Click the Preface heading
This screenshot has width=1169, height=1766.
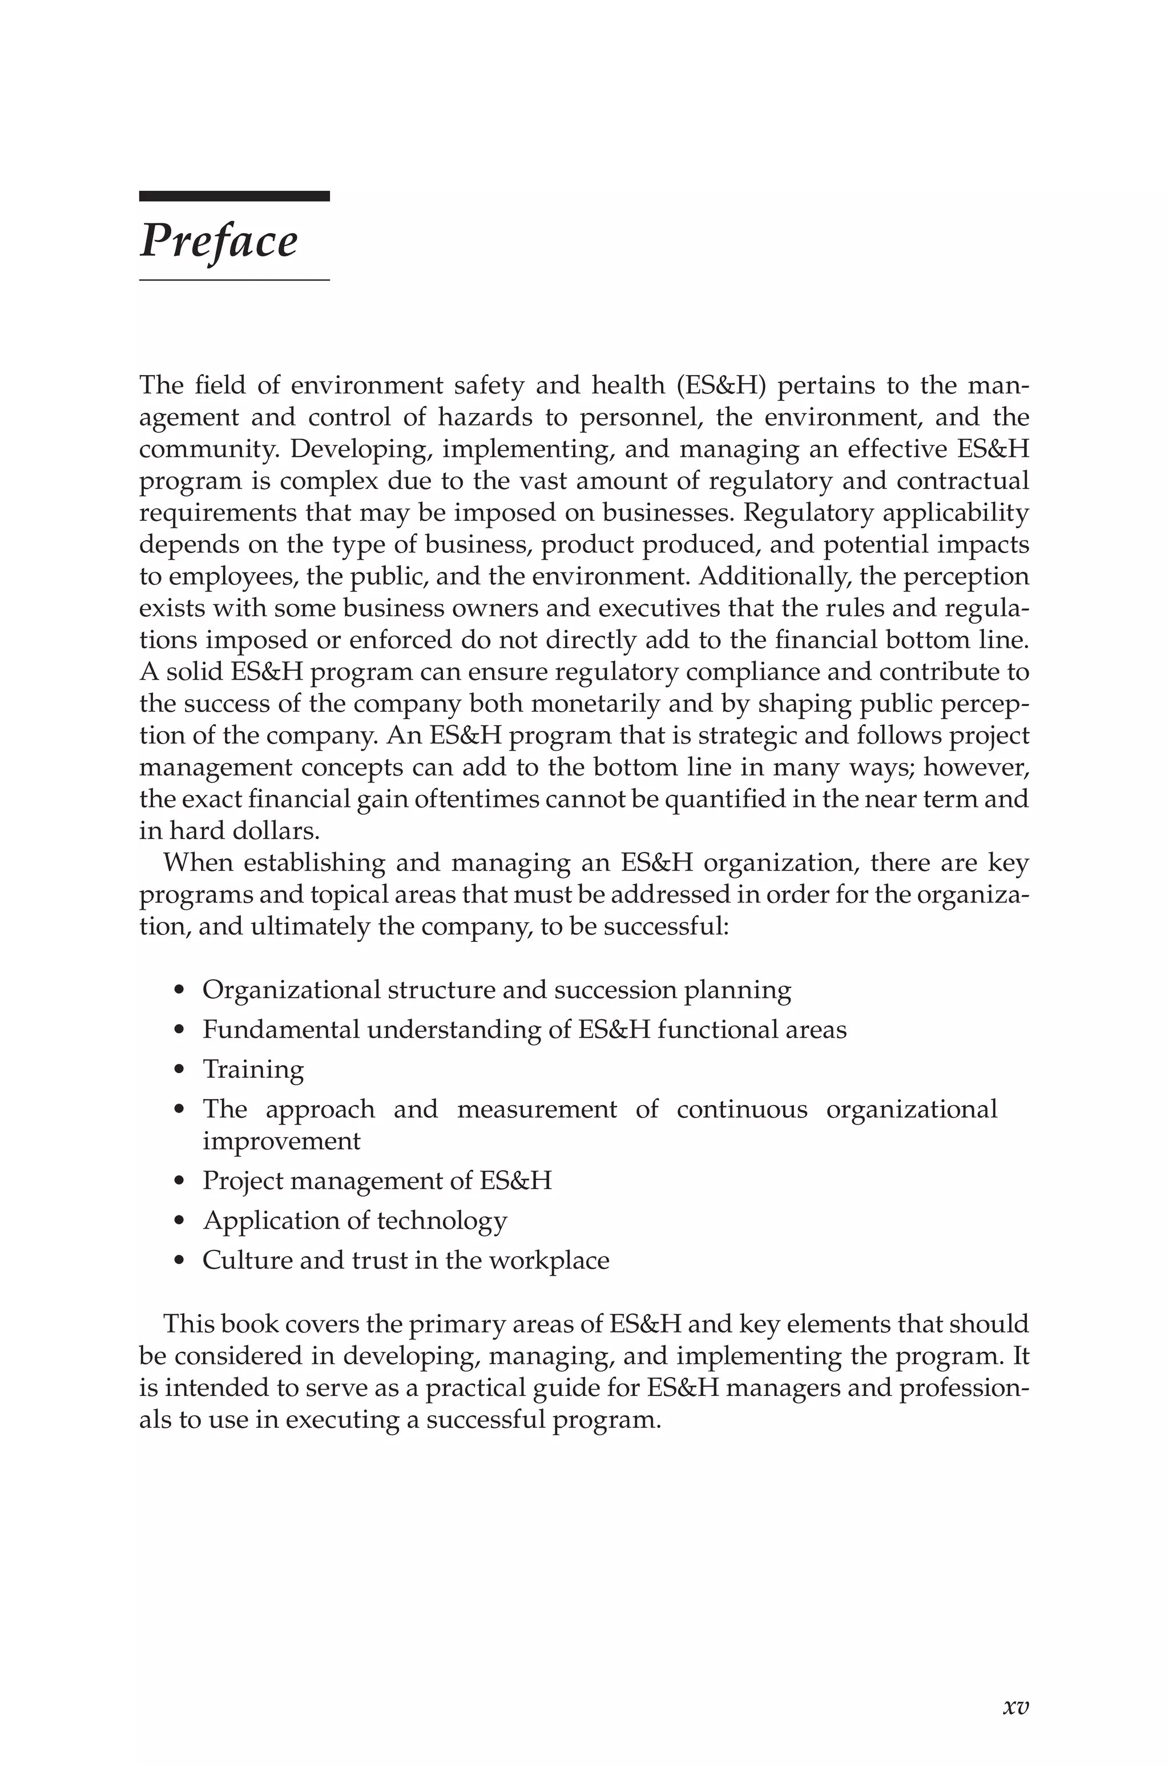click(x=219, y=241)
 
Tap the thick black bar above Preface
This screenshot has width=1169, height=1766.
click(x=234, y=196)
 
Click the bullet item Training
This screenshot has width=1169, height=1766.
click(x=253, y=1069)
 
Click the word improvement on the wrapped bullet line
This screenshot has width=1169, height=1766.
click(x=281, y=1141)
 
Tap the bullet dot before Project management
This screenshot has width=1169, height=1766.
click(x=178, y=1181)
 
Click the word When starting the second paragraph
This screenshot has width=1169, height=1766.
click(x=198, y=863)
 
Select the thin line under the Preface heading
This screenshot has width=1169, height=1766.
click(x=234, y=280)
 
